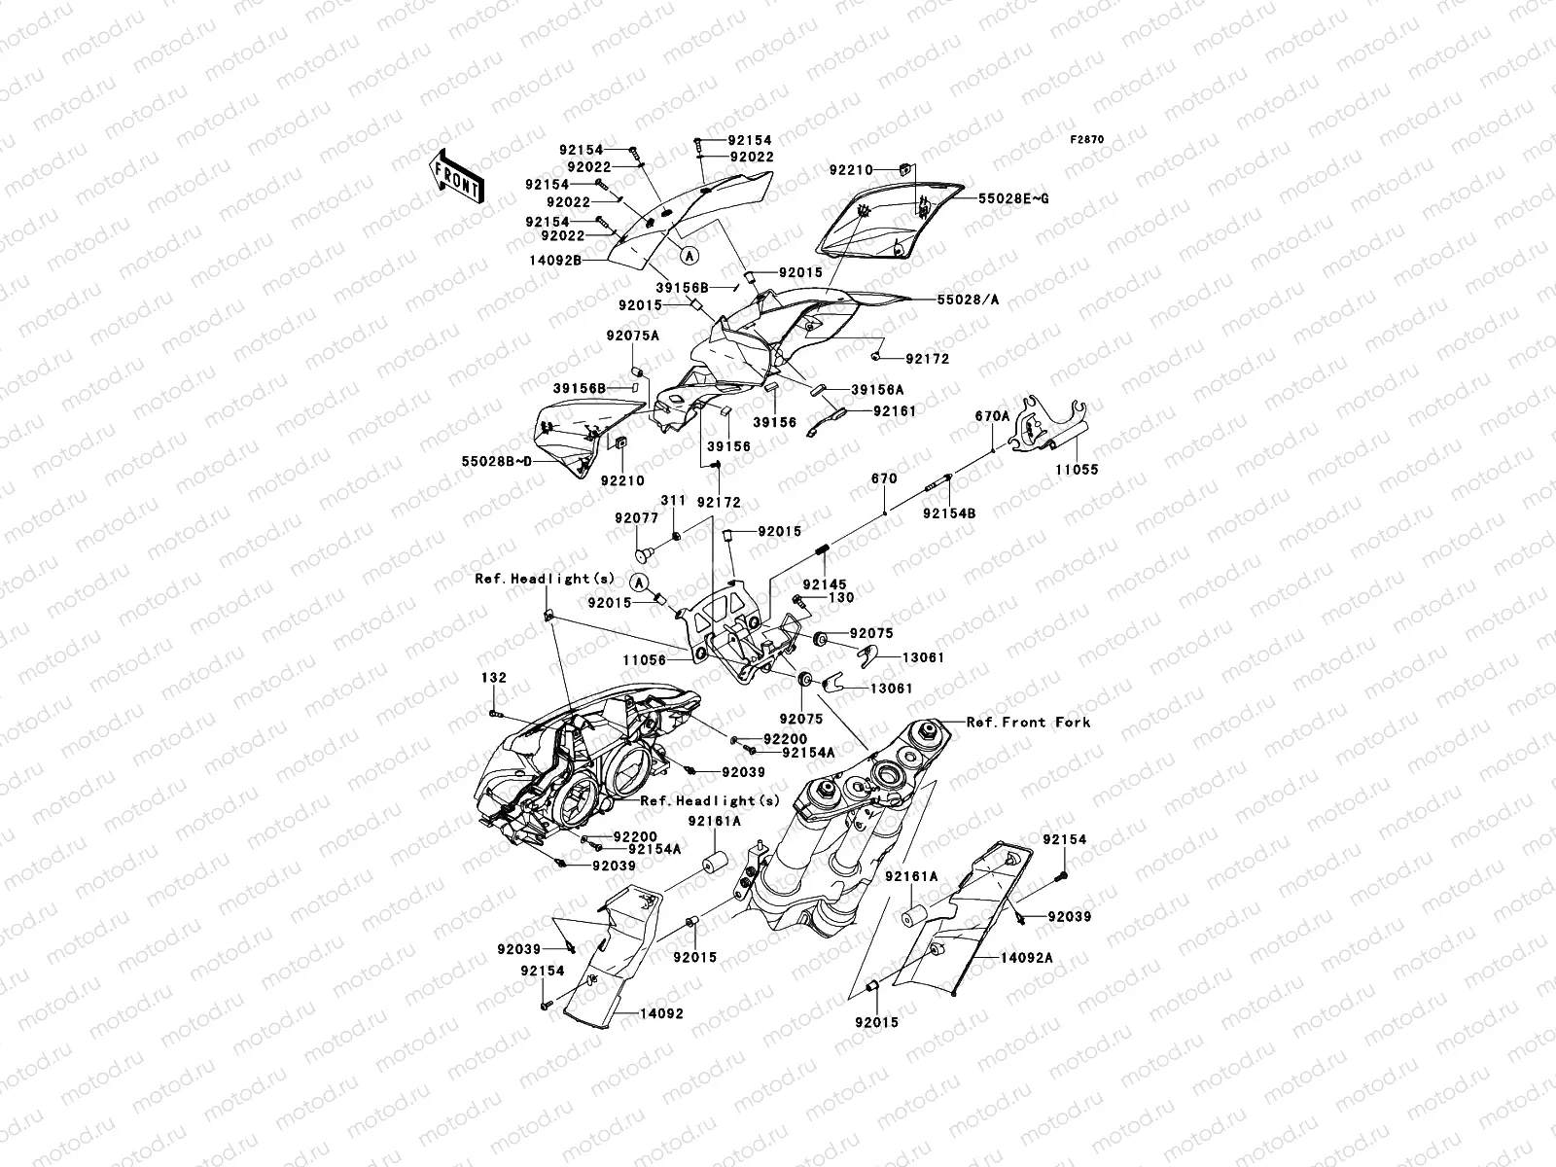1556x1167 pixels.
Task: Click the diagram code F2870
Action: [x=1087, y=140]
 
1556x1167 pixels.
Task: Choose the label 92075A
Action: [x=634, y=336]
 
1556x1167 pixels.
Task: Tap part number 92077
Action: [x=636, y=518]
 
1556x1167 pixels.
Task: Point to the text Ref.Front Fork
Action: [x=1028, y=722]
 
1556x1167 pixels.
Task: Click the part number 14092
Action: [x=661, y=1013]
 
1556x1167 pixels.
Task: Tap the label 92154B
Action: [x=948, y=512]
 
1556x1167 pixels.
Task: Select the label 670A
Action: [x=992, y=416]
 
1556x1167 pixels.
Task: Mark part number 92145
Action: [x=819, y=584]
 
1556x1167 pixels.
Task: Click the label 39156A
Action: [x=877, y=389]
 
